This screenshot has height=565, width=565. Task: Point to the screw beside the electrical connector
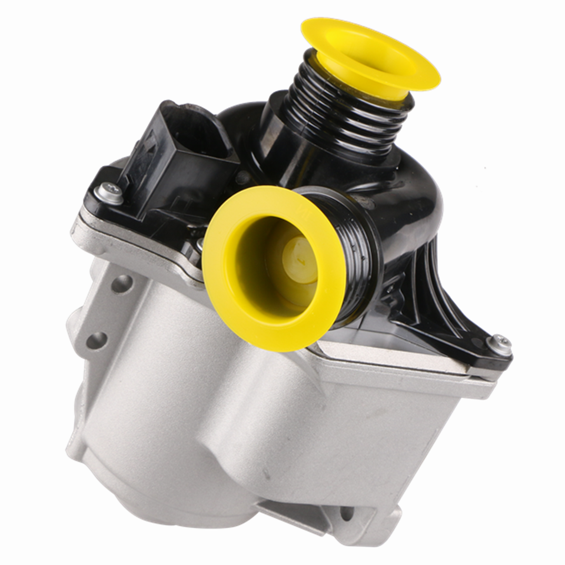pos(109,192)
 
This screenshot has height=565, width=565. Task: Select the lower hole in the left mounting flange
pos(97,341)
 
